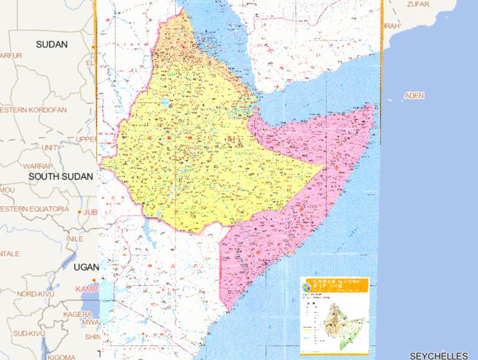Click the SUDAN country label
coord(52,44)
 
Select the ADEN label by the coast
coord(414,95)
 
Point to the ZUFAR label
coord(418,4)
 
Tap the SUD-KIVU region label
coord(30,334)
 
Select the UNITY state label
coord(51,148)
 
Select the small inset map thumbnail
coord(334,315)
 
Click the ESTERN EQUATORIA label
coord(34,209)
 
